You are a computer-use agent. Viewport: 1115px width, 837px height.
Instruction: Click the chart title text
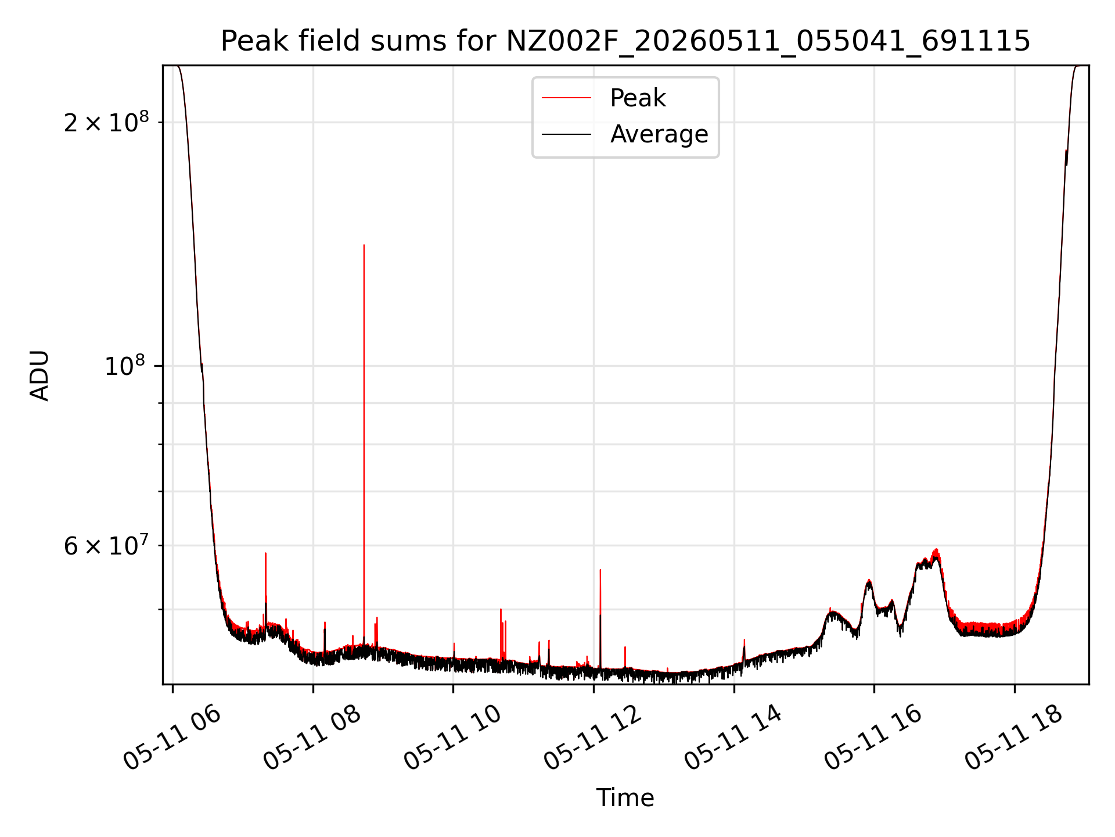[625, 41]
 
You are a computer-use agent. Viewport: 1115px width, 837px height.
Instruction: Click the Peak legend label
[638, 98]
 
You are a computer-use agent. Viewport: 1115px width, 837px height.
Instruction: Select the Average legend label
[659, 134]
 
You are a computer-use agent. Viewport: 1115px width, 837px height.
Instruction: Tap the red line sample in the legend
[566, 98]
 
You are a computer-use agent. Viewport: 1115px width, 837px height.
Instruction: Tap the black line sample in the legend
[566, 134]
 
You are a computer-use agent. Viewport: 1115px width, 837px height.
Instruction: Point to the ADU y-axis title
[40, 375]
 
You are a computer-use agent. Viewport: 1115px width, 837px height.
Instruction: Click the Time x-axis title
[625, 798]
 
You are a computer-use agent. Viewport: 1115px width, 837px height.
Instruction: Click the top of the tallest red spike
[364, 245]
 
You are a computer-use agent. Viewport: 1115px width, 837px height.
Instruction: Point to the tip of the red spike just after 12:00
[600, 570]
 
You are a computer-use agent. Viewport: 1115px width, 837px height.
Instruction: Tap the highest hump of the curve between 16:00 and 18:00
[936, 550]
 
